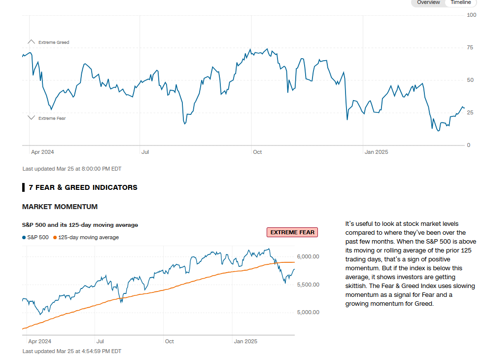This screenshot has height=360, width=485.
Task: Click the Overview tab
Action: coord(428,2)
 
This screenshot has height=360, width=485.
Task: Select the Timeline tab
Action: coord(460,2)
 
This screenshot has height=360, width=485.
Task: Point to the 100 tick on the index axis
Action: coord(471,15)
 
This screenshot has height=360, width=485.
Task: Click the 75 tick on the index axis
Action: coord(470,48)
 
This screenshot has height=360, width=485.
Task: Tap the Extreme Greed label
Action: coord(54,42)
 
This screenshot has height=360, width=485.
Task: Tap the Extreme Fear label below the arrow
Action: coord(52,118)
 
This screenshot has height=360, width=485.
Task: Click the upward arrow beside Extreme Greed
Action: coord(32,42)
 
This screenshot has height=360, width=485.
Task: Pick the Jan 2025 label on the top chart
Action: coord(376,152)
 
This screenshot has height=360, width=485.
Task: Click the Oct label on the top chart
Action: coord(257,152)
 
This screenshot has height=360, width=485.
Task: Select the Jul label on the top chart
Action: coord(145,152)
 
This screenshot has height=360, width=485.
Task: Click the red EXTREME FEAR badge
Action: coord(292,232)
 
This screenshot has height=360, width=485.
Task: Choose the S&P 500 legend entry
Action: coord(35,238)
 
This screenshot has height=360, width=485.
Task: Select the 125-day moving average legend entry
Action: coord(86,238)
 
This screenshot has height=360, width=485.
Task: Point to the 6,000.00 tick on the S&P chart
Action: coord(308,256)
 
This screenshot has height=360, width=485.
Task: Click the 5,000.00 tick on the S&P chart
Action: coord(308,312)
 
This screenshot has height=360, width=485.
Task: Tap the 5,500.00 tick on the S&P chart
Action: coord(308,285)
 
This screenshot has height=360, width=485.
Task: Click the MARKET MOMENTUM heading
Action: coord(60,207)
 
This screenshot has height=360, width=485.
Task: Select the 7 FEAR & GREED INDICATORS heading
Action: coord(83,187)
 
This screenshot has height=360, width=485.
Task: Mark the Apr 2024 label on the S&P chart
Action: coord(39,341)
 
